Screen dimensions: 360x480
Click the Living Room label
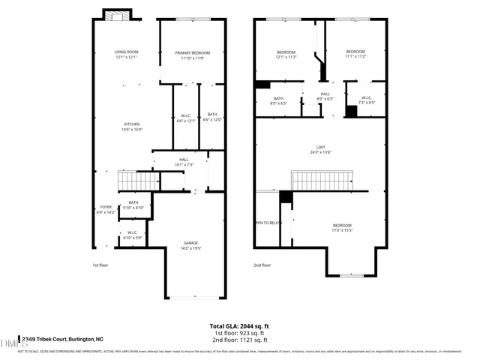point(126,55)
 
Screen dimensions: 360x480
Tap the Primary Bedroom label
point(193,55)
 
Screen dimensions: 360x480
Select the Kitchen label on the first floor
point(132,127)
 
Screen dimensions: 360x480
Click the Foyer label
point(106,209)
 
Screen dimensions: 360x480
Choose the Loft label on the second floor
point(320,149)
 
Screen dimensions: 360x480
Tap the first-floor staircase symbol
point(137,181)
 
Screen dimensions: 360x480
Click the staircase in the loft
point(321,181)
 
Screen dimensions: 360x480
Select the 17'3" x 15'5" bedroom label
point(342,228)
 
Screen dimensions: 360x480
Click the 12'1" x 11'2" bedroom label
point(286,55)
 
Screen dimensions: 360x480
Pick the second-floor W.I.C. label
point(367,100)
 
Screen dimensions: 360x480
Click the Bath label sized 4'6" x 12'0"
point(212,117)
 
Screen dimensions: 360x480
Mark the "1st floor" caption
point(101,265)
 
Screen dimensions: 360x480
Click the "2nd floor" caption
point(262,265)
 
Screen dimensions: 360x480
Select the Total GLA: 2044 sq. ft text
point(241,326)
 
